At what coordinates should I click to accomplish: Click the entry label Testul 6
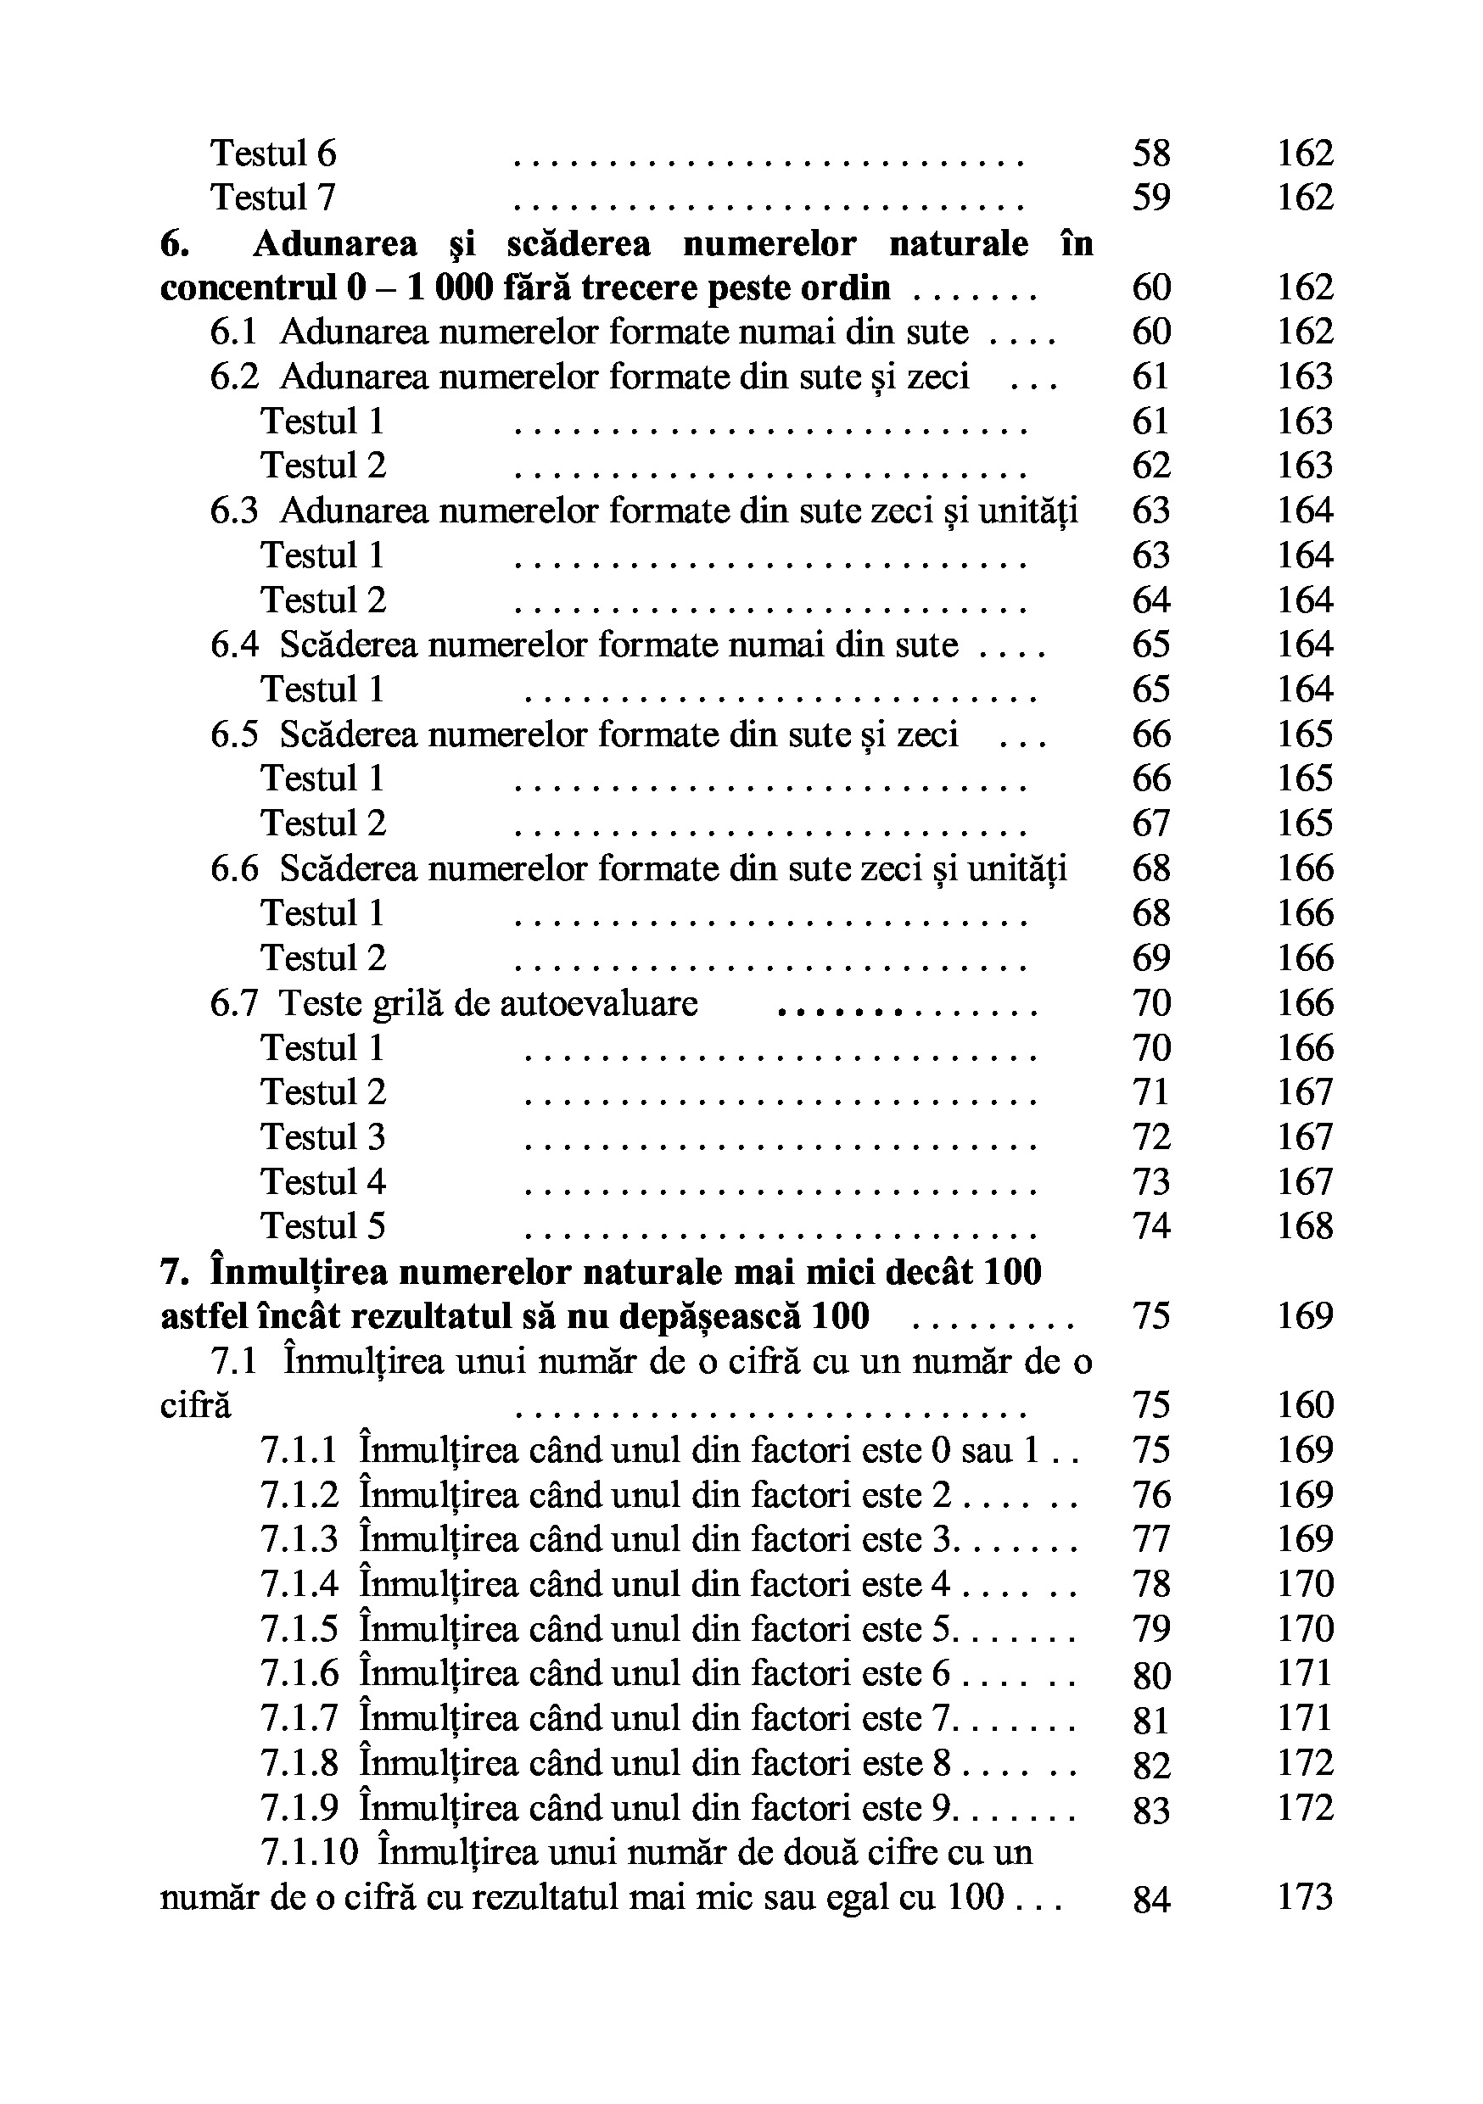tap(273, 153)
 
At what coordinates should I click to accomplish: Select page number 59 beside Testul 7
tap(1151, 198)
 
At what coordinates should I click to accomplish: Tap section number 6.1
tap(233, 332)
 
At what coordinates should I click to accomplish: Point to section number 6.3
tap(233, 511)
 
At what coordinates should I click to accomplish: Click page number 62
tap(1151, 466)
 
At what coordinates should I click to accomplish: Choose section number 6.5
tap(233, 735)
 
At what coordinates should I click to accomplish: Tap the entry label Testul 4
tap(322, 1182)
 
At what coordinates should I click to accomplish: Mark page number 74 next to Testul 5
tap(1151, 1226)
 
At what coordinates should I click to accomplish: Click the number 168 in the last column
tap(1305, 1226)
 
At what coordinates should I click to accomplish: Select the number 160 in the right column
tap(1305, 1405)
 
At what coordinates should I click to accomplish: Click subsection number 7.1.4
tap(299, 1584)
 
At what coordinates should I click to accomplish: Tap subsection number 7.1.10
tap(309, 1853)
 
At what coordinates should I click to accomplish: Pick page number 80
tap(1151, 1675)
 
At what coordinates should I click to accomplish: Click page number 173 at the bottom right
tap(1305, 1897)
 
